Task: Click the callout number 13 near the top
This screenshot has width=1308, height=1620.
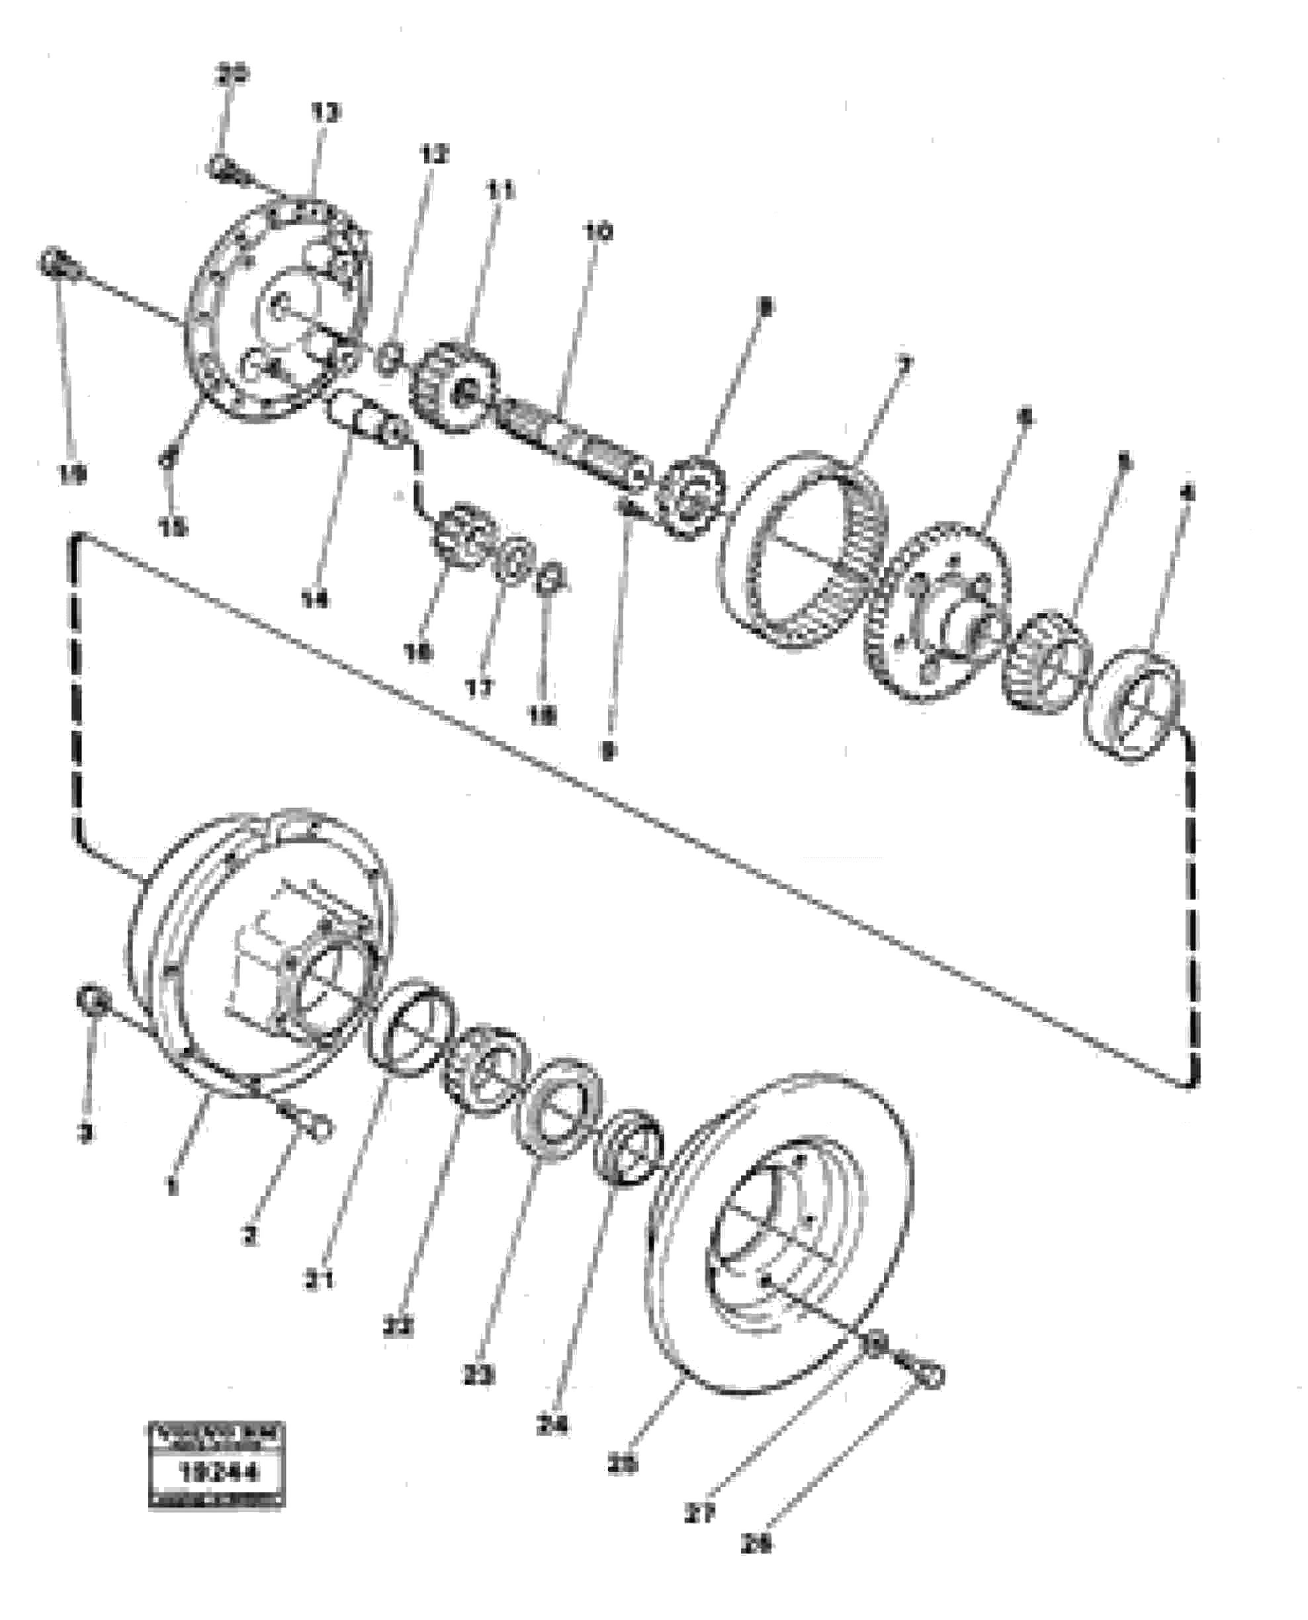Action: [x=326, y=113]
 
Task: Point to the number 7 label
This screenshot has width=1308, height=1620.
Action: [x=905, y=365]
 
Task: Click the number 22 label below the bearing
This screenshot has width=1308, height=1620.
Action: [x=398, y=1327]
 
